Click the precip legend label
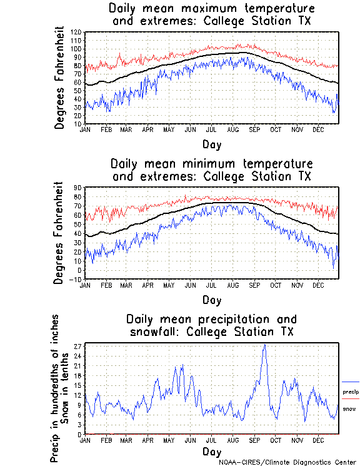[351, 392]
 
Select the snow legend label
[349, 408]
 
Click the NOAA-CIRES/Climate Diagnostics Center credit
[288, 462]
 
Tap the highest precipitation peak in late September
[265, 345]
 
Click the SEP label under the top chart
[254, 130]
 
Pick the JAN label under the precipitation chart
[85, 441]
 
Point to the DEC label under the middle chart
[317, 286]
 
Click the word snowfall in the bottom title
[154, 331]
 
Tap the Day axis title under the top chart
[211, 144]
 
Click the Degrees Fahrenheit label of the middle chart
[59, 233]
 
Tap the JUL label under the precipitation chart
[212, 441]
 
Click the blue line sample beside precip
[351, 382]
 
